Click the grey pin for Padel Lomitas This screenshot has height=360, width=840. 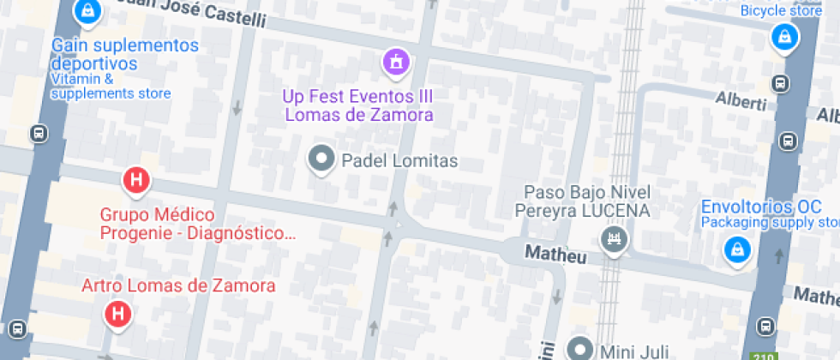[x=322, y=159]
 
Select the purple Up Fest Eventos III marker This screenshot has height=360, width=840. [x=396, y=62]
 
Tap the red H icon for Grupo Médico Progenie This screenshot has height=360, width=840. [x=135, y=181]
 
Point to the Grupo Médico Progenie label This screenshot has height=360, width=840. [x=197, y=224]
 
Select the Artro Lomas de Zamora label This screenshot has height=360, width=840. [x=177, y=285]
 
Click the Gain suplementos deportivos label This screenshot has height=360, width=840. [x=124, y=54]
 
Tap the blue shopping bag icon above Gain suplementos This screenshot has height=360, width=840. [x=86, y=11]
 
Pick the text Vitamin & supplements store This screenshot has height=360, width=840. [x=111, y=87]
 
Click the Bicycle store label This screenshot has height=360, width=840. [x=781, y=11]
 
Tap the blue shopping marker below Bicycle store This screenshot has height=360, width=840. [x=783, y=37]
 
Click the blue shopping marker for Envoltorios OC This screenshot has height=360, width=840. [x=735, y=249]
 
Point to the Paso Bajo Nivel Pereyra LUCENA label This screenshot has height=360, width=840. [x=587, y=201]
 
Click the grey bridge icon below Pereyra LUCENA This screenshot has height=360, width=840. [x=615, y=239]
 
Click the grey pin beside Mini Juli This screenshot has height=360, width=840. [x=583, y=348]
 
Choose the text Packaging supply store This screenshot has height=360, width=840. [x=767, y=222]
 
